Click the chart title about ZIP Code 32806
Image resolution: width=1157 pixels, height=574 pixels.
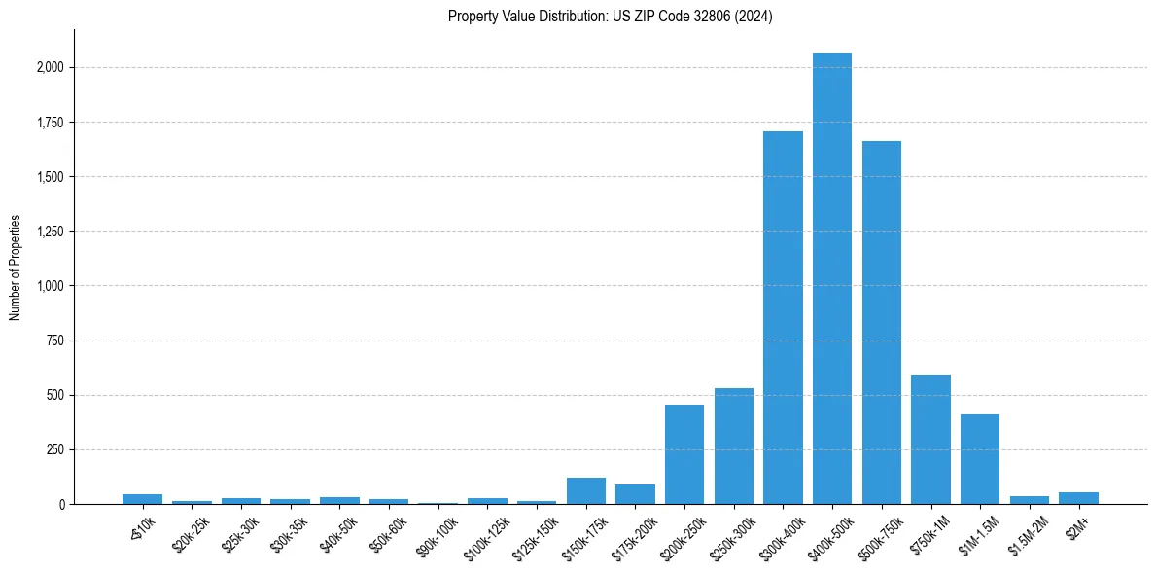click(x=610, y=17)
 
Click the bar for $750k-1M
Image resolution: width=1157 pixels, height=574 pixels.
click(x=930, y=440)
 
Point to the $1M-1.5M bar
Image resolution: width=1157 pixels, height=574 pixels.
click(x=979, y=459)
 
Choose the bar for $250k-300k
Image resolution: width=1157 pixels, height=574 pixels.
click(x=733, y=447)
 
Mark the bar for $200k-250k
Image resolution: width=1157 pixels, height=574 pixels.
click(x=684, y=454)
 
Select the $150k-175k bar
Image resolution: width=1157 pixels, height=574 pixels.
click(x=585, y=491)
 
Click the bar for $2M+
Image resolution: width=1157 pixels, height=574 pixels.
click(x=1078, y=498)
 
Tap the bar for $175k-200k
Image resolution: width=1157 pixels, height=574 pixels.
click(x=635, y=494)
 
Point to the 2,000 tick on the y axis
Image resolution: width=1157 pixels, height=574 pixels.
click(x=51, y=68)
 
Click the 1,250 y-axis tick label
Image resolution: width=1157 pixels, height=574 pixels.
click(x=51, y=232)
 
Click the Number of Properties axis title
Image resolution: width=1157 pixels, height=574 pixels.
click(x=16, y=268)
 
